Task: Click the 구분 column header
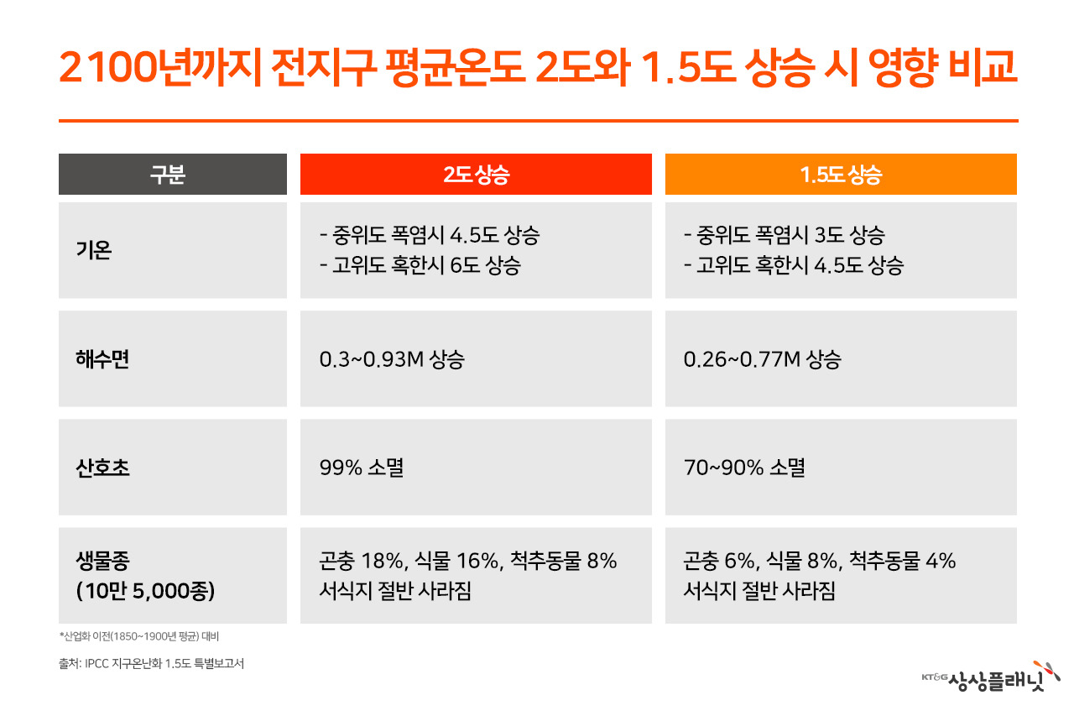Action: [173, 174]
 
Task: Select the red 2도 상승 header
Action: [476, 174]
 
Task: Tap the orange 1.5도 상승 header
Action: [841, 174]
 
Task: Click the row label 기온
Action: [94, 250]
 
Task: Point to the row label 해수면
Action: [102, 358]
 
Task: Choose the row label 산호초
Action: [102, 468]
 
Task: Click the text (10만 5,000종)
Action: [145, 591]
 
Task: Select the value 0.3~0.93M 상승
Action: [392, 359]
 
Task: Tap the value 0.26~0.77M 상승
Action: [763, 359]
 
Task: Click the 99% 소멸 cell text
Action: [362, 468]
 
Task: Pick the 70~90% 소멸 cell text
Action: [744, 468]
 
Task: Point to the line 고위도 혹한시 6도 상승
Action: [420, 265]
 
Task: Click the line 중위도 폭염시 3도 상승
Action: [785, 235]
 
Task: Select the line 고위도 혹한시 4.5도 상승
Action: [794, 265]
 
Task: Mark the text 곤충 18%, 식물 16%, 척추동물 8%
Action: [468, 561]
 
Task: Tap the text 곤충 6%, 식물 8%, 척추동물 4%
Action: [820, 561]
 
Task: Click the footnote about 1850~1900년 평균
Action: [139, 636]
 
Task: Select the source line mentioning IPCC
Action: [152, 664]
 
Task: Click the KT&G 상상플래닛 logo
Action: [991, 677]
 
